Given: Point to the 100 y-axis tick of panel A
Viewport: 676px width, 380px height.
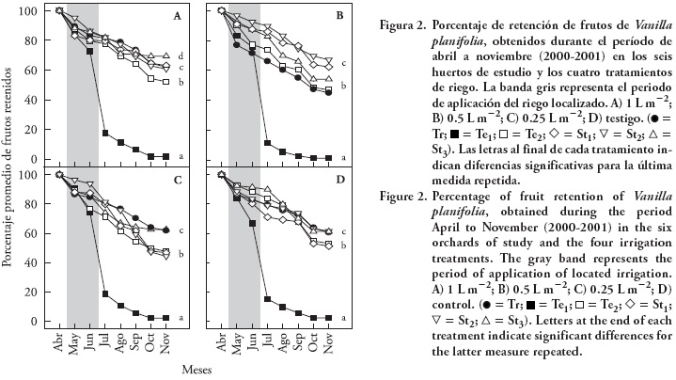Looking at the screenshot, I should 26,11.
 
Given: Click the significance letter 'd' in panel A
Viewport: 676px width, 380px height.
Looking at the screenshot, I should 180,56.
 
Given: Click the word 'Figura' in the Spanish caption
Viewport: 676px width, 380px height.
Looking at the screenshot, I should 385,16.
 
